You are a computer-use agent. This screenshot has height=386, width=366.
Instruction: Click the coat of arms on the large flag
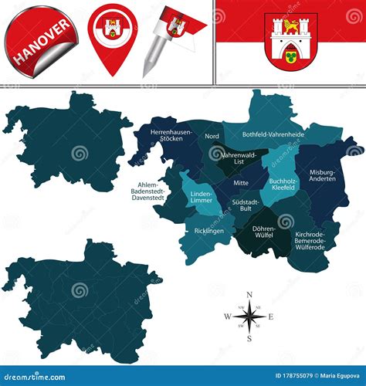click(x=290, y=40)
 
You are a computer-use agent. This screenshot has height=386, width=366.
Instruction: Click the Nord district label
click(x=212, y=137)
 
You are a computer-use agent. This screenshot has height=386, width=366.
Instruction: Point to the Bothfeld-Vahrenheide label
click(x=273, y=134)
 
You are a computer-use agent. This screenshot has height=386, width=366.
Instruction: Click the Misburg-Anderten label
click(x=322, y=175)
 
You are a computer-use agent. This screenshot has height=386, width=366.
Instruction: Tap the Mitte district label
click(x=240, y=183)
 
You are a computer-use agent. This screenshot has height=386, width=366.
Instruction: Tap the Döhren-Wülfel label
click(x=264, y=231)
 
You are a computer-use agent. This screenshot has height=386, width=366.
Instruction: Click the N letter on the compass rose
click(x=249, y=295)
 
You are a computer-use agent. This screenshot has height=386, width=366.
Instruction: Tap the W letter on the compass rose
click(x=227, y=317)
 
